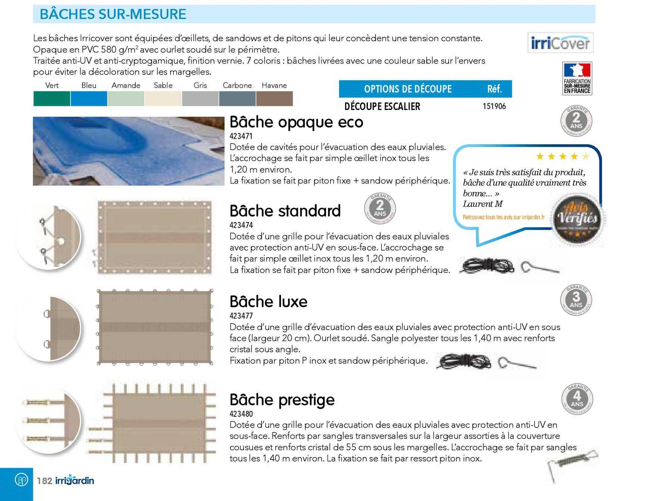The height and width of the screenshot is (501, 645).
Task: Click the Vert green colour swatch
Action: [52, 99]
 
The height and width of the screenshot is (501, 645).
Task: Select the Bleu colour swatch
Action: [89, 99]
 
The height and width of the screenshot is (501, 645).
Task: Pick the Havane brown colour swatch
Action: [274, 99]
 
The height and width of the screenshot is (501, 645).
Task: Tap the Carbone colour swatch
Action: [237, 99]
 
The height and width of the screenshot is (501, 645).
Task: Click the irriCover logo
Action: [560, 43]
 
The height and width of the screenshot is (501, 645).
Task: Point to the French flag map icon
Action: [577, 70]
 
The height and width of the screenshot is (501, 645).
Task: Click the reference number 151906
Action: [494, 106]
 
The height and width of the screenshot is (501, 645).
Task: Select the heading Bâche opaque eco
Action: [296, 122]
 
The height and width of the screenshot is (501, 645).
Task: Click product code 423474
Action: [241, 225]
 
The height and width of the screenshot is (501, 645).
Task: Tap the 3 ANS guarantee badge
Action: [576, 300]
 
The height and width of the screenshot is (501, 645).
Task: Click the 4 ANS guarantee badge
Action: [577, 399]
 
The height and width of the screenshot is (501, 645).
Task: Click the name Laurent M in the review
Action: [482, 204]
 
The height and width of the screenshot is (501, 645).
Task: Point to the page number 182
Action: [44, 480]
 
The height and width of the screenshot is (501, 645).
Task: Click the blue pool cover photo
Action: [128, 151]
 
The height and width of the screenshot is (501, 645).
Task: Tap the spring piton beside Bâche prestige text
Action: [572, 464]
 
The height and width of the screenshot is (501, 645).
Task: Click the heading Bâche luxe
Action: [268, 302]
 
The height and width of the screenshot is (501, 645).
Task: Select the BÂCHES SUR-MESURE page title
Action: [113, 14]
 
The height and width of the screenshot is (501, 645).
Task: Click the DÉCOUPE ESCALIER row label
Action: [382, 107]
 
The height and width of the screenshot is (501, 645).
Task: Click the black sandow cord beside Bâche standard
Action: [486, 266]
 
